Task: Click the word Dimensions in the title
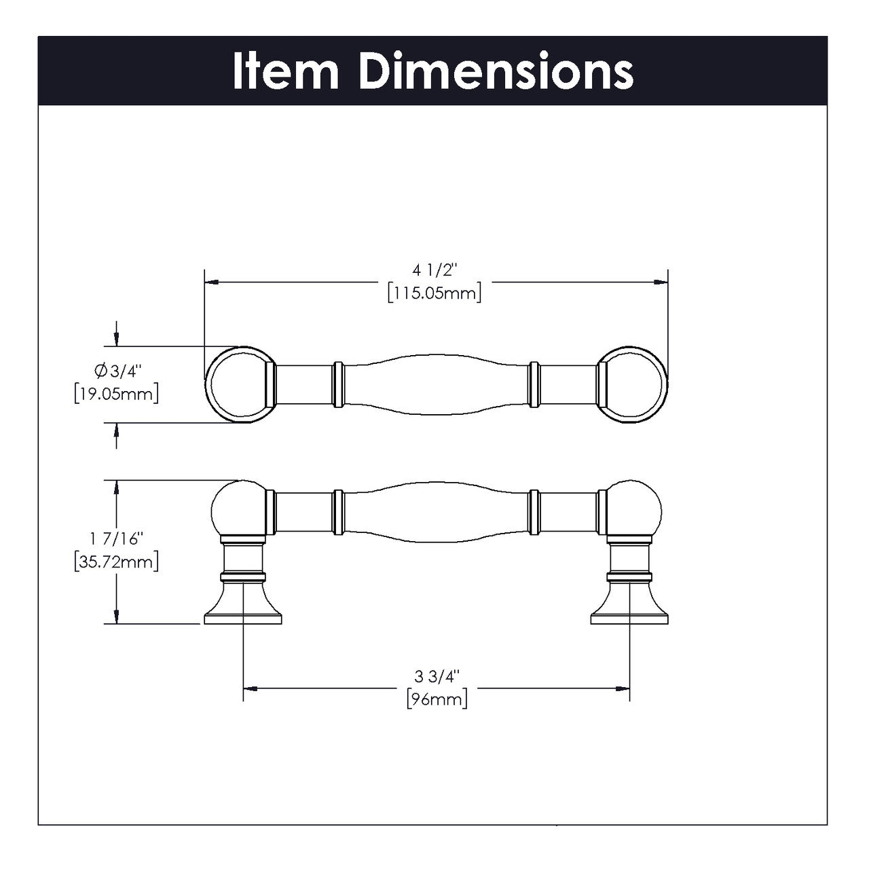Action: tap(496, 71)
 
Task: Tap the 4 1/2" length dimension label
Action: tap(434, 272)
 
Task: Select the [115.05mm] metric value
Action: tap(434, 293)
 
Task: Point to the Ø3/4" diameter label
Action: tap(116, 371)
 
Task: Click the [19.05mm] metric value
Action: tap(116, 393)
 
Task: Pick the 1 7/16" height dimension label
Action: tap(116, 540)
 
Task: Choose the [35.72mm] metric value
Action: tap(116, 562)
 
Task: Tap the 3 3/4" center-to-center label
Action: tap(437, 676)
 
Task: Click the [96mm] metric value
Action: tap(437, 699)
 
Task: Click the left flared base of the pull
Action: tap(242, 608)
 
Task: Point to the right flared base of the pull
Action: tap(630, 608)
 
